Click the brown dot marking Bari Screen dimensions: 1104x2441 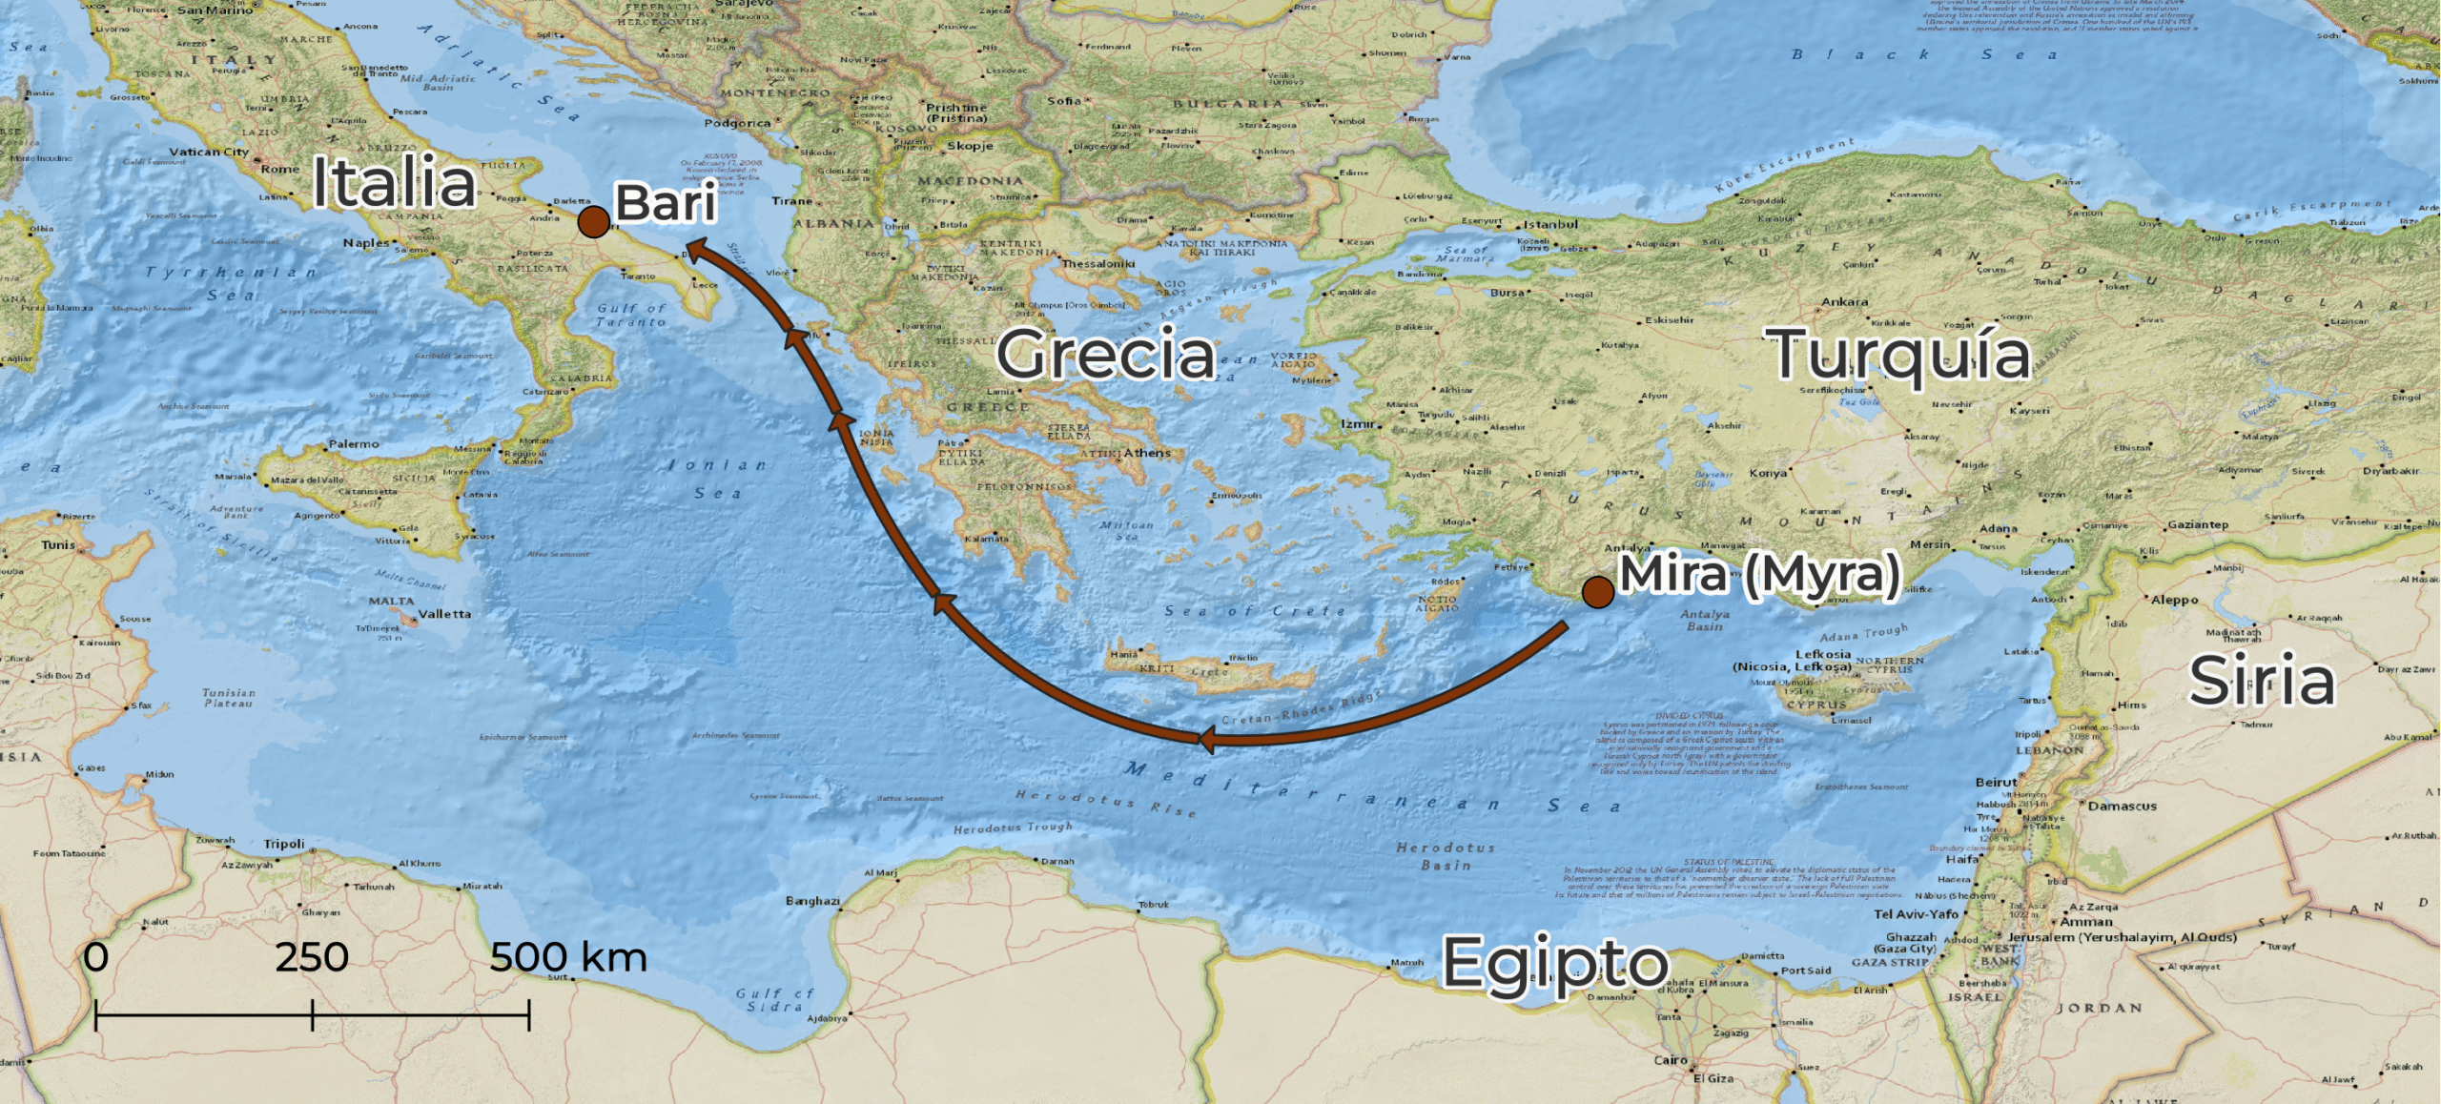[x=594, y=222]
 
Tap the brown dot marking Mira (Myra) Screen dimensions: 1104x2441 [x=1598, y=592]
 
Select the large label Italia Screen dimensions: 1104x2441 [x=394, y=182]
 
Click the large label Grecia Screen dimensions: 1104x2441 [x=1106, y=354]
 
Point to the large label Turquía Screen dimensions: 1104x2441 [x=1901, y=354]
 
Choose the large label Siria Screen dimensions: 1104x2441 [x=2262, y=681]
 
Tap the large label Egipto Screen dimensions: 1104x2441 [x=1555, y=963]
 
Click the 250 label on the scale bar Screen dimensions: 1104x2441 [x=312, y=957]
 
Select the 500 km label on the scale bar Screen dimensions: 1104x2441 [x=568, y=957]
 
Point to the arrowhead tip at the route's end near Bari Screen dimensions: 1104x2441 [x=687, y=245]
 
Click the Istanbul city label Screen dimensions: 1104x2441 [x=1550, y=224]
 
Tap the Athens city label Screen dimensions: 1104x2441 [x=1147, y=453]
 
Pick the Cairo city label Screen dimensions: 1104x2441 [x=1671, y=1059]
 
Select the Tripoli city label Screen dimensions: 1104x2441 [x=284, y=844]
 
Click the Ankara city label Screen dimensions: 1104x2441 [x=1844, y=301]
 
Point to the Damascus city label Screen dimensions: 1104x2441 [x=2122, y=806]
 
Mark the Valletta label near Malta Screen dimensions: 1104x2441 [x=444, y=614]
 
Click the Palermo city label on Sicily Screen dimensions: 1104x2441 [x=354, y=444]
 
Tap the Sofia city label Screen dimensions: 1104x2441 [x=1064, y=100]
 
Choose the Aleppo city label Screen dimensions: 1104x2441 [x=2174, y=600]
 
